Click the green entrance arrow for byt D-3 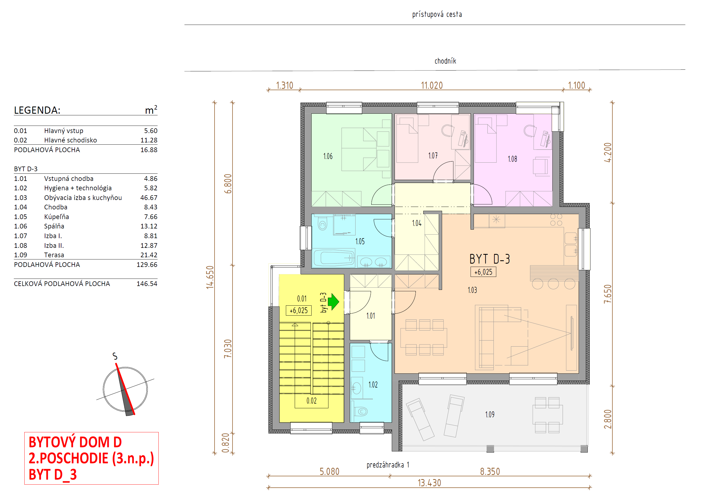(x=333, y=302)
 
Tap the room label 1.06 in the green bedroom (x=328, y=156)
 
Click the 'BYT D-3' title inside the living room (x=489, y=259)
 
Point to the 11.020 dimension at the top (x=432, y=85)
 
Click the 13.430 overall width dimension (x=429, y=483)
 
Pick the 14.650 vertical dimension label (x=210, y=277)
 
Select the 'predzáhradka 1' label (x=388, y=465)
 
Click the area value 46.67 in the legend (x=149, y=197)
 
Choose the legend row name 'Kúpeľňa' (x=56, y=217)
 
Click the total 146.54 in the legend (x=147, y=284)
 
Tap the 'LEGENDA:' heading (x=37, y=110)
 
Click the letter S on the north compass (x=115, y=356)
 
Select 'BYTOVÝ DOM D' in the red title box (x=75, y=442)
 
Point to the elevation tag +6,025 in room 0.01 (x=299, y=310)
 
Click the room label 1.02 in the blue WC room (x=373, y=385)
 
